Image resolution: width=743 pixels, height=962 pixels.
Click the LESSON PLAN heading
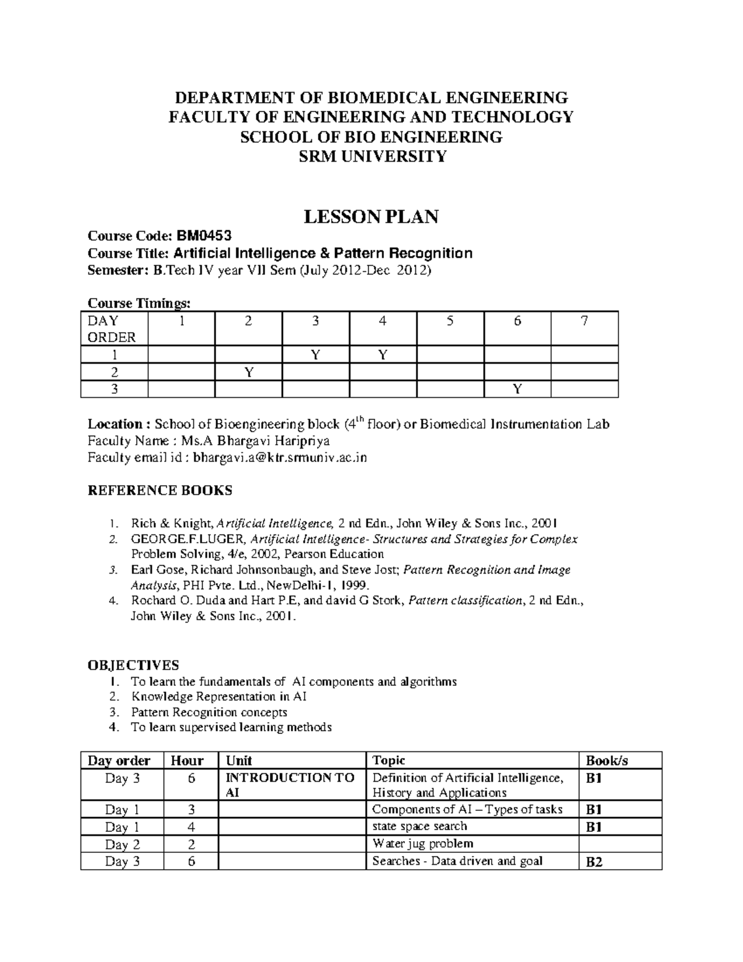click(371, 217)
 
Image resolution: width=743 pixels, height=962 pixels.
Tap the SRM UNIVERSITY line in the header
click(371, 157)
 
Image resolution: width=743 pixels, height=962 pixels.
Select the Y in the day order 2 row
click(248, 372)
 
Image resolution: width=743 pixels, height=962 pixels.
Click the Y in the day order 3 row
click(517, 389)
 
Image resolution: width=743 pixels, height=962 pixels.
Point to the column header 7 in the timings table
click(584, 321)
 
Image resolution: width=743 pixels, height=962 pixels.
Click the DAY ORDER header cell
click(111, 329)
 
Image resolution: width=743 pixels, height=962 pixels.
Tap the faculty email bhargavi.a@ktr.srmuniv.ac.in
click(280, 458)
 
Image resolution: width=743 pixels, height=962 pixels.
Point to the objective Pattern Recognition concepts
click(209, 712)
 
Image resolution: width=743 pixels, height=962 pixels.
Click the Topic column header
click(388, 761)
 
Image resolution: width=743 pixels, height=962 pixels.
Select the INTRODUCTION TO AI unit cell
click(290, 785)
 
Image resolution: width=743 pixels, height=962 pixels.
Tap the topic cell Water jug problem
click(422, 844)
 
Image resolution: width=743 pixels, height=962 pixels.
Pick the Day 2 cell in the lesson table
click(122, 844)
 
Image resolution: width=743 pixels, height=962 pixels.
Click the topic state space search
click(419, 826)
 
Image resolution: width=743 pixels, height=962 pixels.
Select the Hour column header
click(187, 761)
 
